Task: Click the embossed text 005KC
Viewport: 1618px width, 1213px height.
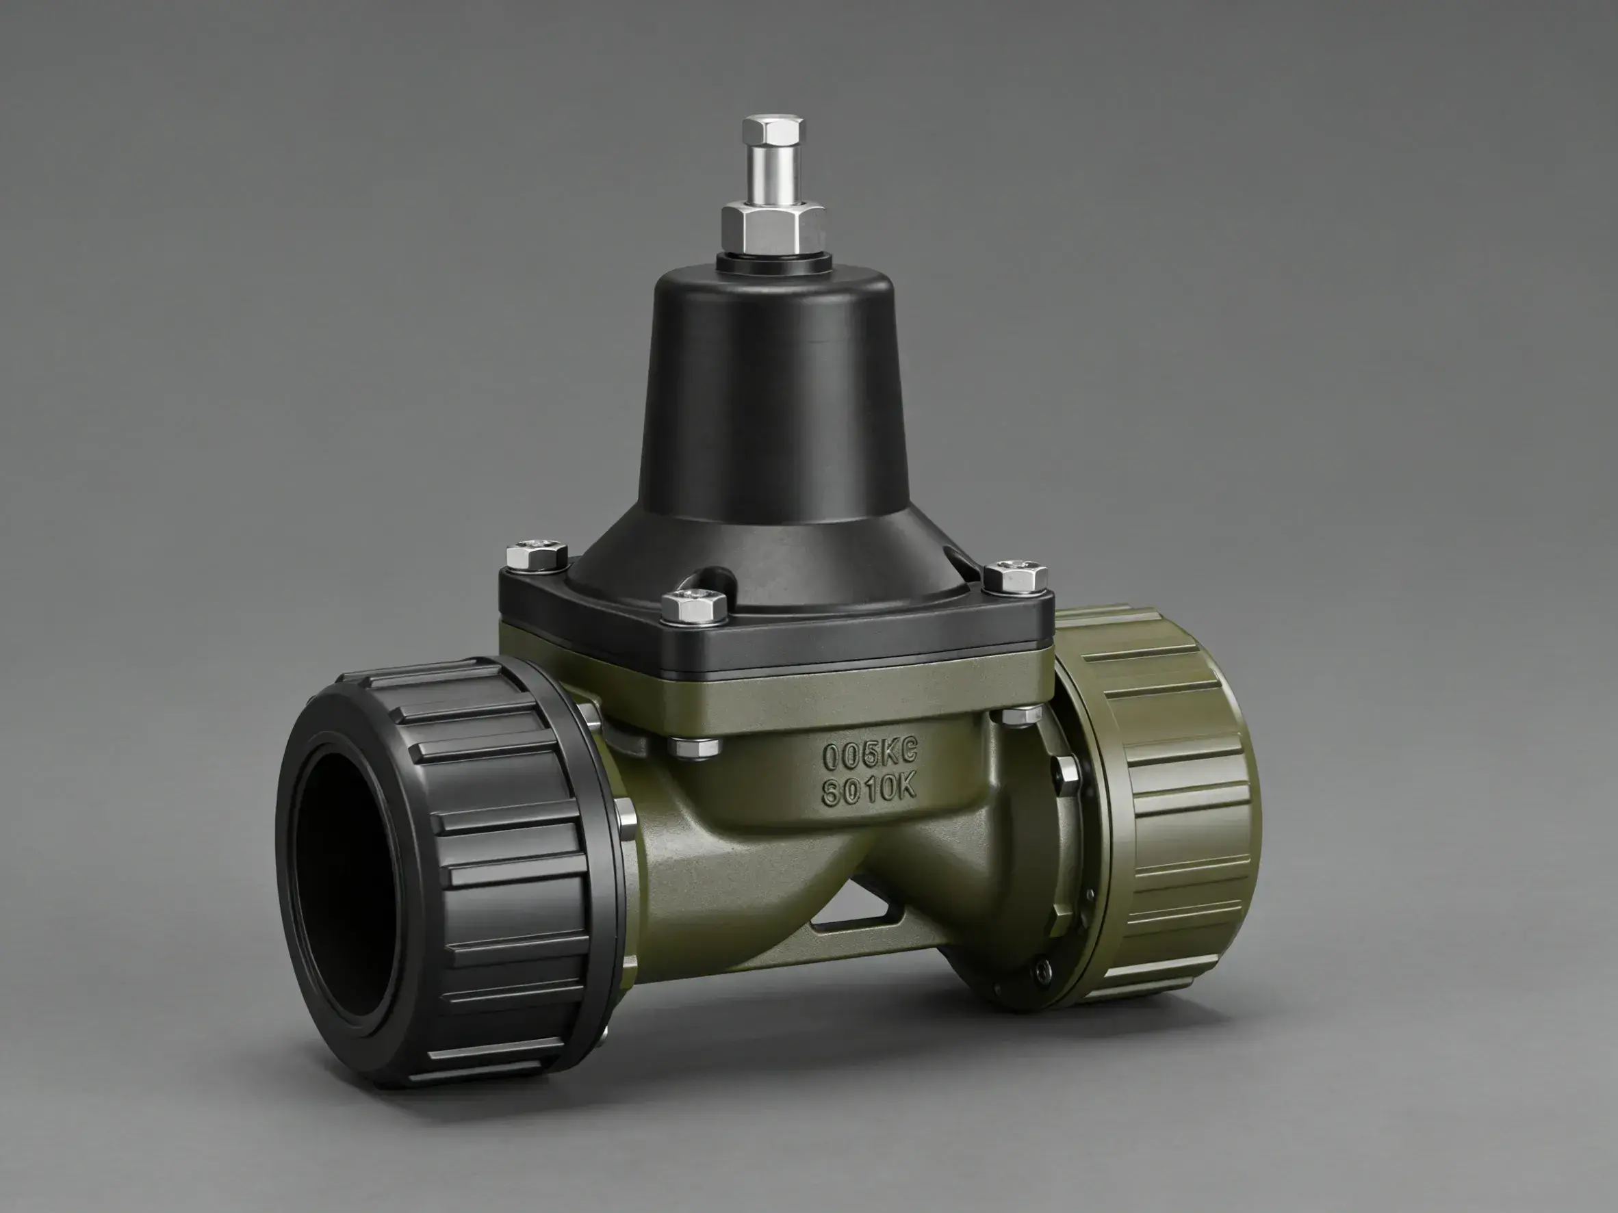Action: coord(869,755)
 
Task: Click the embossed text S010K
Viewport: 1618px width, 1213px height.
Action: coord(869,790)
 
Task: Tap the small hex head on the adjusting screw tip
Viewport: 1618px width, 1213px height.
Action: coord(773,130)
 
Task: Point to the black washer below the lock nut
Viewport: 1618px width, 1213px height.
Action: coord(774,263)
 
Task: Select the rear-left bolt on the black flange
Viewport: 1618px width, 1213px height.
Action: coord(537,556)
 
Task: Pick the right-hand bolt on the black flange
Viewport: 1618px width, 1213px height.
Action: coord(1014,576)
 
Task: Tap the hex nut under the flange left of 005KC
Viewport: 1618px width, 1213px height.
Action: coord(693,746)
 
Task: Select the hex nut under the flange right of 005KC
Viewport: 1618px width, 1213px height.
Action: coord(1022,715)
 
